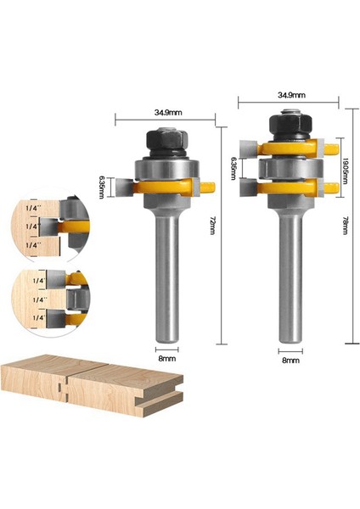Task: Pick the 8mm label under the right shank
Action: (290, 360)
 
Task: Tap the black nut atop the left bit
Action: (165, 139)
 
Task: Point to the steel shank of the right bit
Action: (290, 280)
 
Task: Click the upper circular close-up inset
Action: (49, 227)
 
